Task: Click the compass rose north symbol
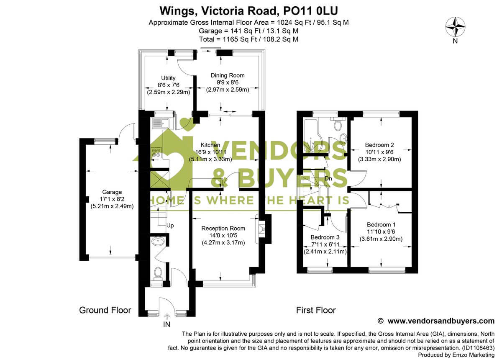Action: (x=455, y=28)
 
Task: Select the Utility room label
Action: (x=169, y=78)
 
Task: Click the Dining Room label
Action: (x=228, y=75)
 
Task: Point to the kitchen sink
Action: (x=161, y=123)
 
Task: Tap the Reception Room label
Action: (x=223, y=229)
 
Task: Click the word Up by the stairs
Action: (x=170, y=226)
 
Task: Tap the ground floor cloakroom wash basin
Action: (x=158, y=241)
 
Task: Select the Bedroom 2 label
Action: (x=379, y=145)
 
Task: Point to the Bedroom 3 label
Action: (x=325, y=237)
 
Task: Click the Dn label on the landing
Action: (x=329, y=179)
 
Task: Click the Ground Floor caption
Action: (x=105, y=310)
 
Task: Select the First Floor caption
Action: (x=316, y=310)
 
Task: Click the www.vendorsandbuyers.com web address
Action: (x=441, y=321)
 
